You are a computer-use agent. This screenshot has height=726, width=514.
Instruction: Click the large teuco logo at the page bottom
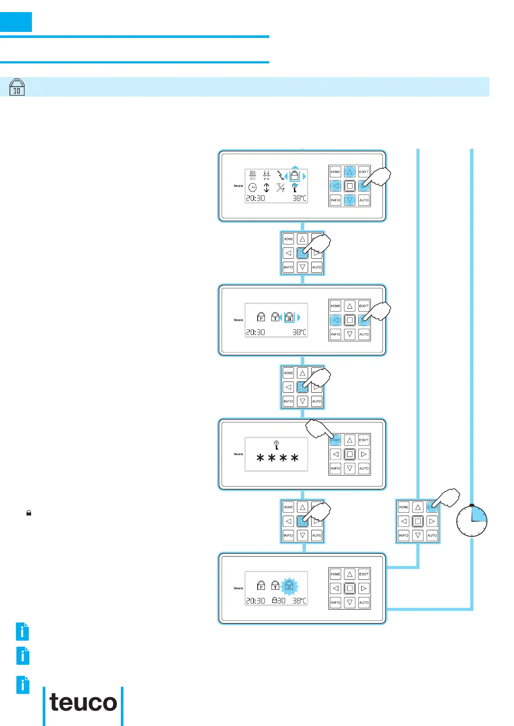83,703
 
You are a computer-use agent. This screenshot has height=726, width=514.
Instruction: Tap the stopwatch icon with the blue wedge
472,521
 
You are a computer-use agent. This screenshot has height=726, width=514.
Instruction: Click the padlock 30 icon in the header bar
17,87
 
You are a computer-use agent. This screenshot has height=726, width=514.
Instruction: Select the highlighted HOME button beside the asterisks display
335,440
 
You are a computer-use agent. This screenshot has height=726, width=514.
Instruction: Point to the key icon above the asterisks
276,445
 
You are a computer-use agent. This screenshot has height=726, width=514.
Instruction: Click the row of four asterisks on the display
277,458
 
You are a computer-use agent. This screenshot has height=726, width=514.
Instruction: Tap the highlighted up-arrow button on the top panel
350,172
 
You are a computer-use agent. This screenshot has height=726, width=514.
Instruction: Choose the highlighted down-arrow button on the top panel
350,200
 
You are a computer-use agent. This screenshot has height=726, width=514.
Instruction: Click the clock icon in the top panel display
252,188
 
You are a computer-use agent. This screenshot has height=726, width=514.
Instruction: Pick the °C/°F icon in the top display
281,188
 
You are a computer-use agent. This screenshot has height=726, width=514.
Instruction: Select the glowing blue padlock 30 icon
289,585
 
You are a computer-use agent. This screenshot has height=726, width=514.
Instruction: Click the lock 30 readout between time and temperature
278,601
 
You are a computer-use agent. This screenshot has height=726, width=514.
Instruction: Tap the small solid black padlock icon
29,513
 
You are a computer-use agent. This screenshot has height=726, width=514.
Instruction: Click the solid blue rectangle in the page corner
16,22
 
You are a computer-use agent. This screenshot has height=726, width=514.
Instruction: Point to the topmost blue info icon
22,632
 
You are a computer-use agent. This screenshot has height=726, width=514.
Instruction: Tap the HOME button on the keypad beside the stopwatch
404,507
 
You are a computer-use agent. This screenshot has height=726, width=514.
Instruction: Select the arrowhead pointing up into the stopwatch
472,539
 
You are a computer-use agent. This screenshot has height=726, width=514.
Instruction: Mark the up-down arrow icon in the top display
267,188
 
